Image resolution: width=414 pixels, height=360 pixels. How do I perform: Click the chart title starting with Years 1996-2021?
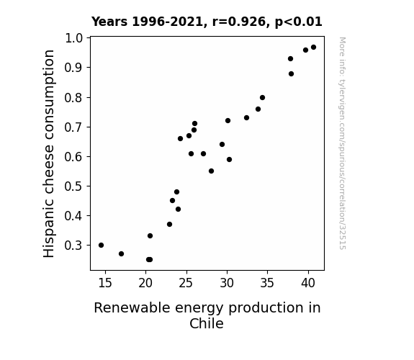207,22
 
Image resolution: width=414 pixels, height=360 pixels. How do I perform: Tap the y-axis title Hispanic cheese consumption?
49,153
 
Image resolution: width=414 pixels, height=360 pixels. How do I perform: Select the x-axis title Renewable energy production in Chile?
207,315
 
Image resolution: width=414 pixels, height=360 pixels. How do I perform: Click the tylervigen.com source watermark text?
342,143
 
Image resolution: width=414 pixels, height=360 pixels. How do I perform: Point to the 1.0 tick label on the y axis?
73,38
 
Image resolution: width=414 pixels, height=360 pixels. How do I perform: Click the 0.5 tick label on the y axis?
73,186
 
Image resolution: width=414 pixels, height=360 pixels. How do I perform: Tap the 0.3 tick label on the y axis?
73,246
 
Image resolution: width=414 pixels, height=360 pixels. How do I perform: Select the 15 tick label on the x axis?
105,283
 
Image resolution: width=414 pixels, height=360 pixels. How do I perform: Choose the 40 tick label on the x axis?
308,283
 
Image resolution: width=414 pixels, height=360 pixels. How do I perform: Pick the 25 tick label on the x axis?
186,283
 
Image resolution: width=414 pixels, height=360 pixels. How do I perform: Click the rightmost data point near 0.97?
313,48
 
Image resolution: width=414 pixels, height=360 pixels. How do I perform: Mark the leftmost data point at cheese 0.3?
101,245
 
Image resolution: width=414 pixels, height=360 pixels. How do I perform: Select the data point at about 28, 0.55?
211,171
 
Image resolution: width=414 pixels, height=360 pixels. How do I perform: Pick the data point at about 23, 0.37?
169,224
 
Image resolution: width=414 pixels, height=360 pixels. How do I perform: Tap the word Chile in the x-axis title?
207,323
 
